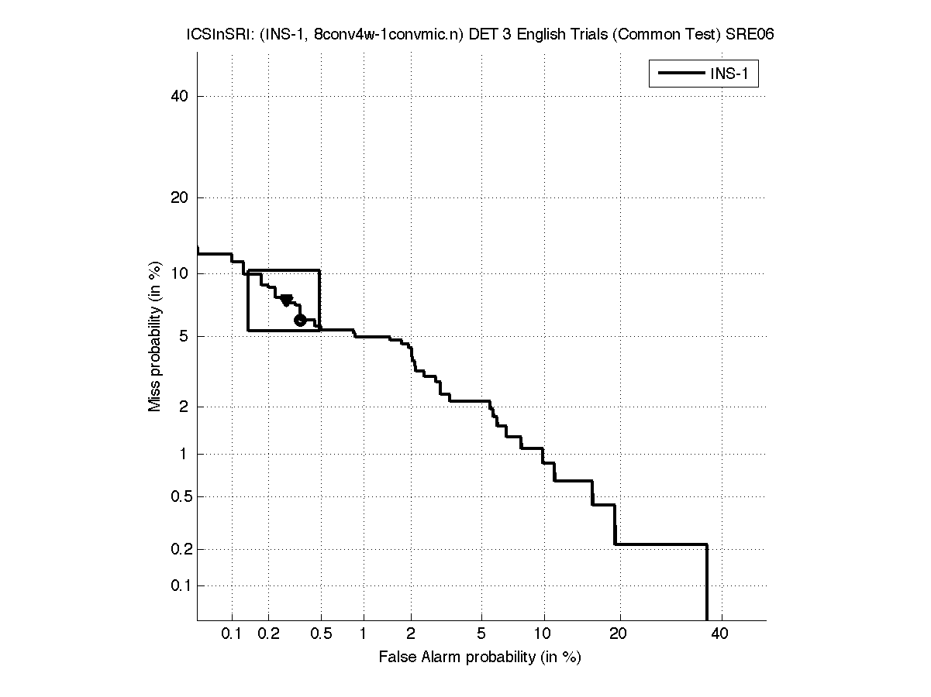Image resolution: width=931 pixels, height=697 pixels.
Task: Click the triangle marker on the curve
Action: [286, 300]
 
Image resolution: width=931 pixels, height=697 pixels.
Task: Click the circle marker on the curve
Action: [300, 320]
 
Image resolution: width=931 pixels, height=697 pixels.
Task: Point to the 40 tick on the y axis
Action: [180, 96]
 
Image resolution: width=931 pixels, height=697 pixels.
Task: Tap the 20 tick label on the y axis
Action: [180, 197]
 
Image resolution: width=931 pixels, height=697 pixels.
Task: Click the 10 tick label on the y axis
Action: [180, 273]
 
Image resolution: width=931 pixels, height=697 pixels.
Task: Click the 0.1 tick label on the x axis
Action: [233, 634]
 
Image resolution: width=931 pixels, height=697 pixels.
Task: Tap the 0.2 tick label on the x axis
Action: [269, 634]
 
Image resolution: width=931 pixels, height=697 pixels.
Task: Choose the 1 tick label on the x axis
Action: [363, 634]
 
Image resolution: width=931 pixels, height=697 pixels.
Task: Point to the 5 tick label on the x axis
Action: [481, 634]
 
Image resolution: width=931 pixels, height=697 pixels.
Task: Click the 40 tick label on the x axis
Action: [720, 634]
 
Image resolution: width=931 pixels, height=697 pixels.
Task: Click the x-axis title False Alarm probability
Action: [480, 658]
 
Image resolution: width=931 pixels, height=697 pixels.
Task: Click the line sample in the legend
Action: [680, 74]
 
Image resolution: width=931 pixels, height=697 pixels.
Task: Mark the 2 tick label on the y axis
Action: [183, 407]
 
